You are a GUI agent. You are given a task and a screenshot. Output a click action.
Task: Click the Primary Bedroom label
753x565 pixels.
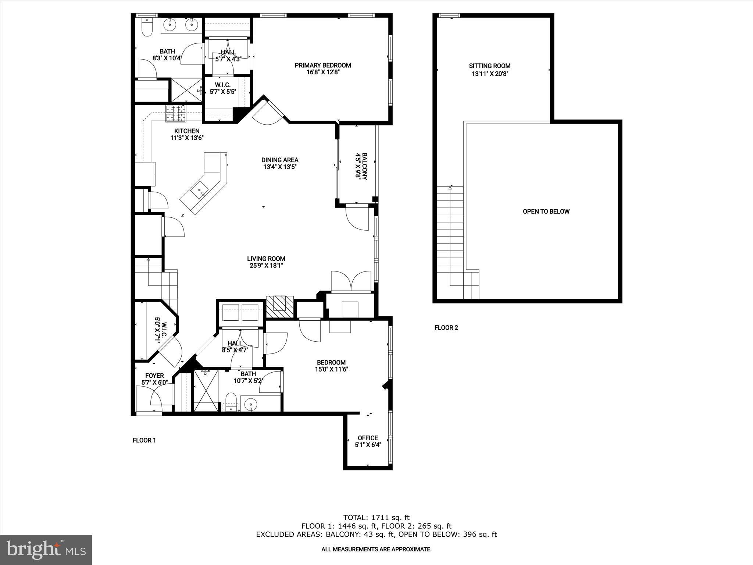click(x=322, y=65)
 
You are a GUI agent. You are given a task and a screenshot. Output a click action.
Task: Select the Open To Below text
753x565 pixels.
click(x=546, y=212)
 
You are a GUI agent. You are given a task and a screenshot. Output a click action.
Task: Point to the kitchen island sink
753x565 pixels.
click(x=201, y=191)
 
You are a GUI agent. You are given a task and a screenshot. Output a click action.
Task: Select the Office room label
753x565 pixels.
click(x=368, y=438)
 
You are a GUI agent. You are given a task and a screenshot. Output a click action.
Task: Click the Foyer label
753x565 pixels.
click(x=154, y=376)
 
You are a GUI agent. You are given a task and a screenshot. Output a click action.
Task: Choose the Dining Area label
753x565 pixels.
click(x=280, y=160)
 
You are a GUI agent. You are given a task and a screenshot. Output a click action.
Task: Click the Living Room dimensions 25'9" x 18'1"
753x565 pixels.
click(x=266, y=266)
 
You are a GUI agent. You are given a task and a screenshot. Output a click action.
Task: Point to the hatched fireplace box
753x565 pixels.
click(x=280, y=307)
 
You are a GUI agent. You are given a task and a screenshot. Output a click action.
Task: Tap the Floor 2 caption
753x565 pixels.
click(x=446, y=328)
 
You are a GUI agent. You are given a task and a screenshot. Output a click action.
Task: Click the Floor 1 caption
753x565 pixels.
click(x=144, y=440)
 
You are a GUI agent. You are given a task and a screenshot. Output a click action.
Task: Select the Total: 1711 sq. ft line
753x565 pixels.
click(x=376, y=518)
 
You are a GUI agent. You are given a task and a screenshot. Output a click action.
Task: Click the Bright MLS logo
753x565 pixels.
click(x=46, y=550)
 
